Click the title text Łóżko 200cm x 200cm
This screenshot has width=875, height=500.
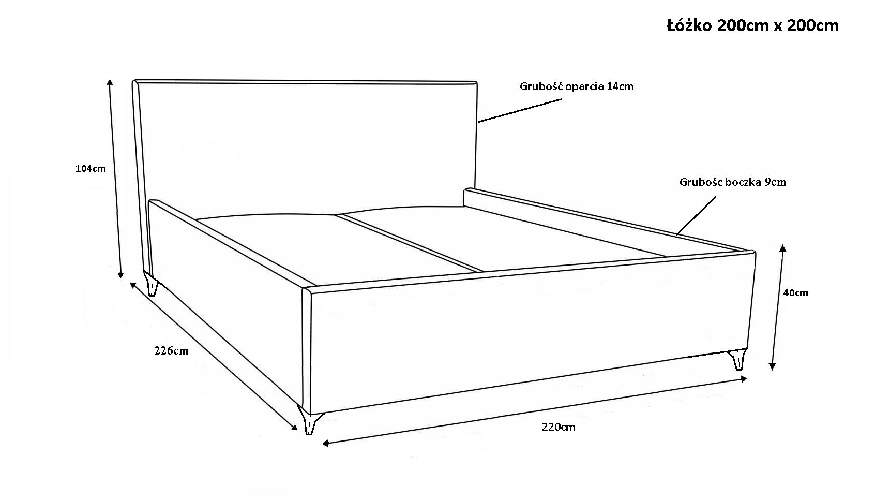[752, 25]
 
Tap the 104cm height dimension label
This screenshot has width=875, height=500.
[90, 168]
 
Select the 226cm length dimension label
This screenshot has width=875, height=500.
[171, 350]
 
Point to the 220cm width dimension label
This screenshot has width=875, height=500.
[559, 427]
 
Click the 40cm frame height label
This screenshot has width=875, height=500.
[795, 292]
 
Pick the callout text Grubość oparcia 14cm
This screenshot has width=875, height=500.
[577, 86]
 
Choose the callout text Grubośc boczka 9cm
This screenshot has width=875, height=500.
[733, 182]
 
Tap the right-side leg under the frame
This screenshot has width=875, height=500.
[737, 360]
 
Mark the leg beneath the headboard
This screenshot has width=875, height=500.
[152, 284]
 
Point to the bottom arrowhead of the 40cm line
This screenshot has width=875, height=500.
[772, 366]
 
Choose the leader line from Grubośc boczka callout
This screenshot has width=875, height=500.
[697, 215]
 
